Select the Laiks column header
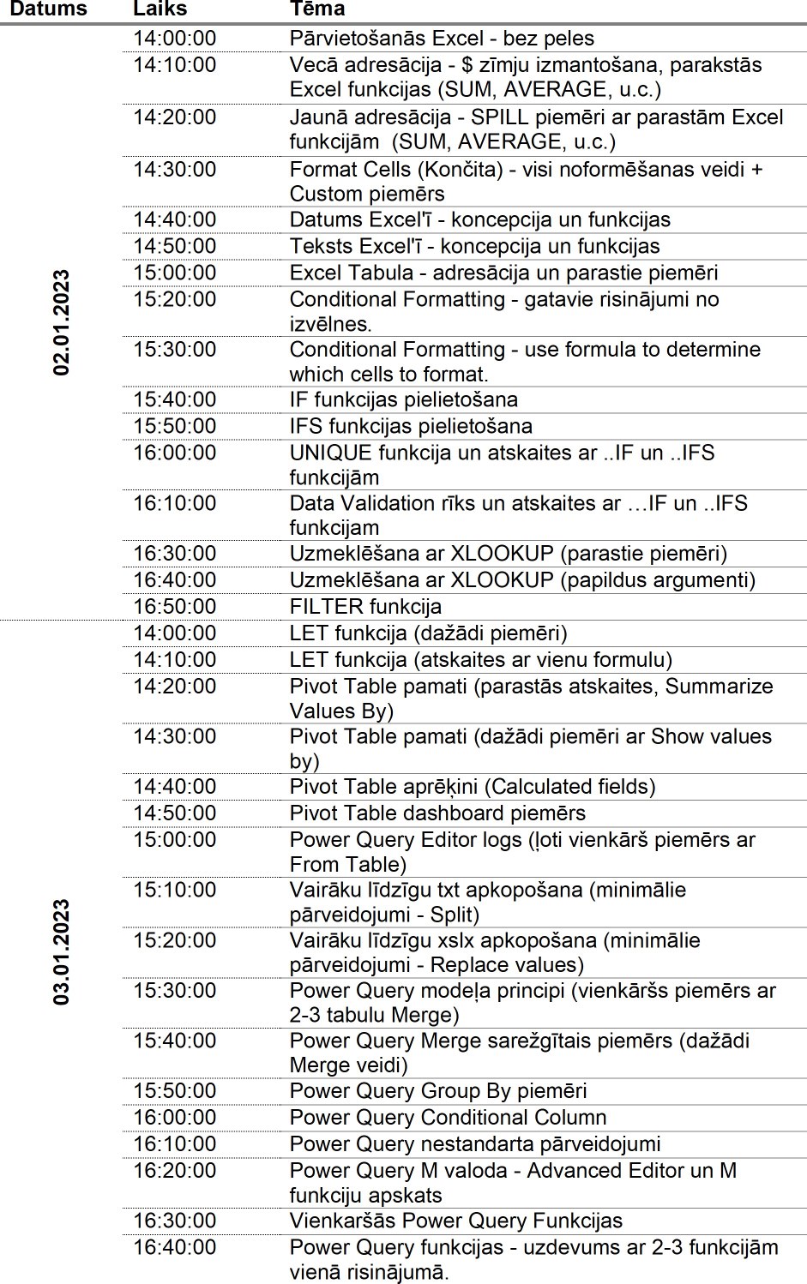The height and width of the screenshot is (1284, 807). pyautogui.click(x=160, y=9)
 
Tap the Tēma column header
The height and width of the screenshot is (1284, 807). pyautogui.click(x=317, y=9)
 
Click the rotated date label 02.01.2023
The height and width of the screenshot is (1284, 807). pyautogui.click(x=62, y=322)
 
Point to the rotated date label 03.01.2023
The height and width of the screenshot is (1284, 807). pyautogui.click(x=62, y=951)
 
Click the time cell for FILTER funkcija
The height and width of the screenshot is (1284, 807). pyautogui.click(x=174, y=607)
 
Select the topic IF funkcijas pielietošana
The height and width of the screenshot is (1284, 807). pyautogui.click(x=403, y=399)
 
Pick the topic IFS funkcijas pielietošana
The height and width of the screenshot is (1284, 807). pyautogui.click(x=411, y=426)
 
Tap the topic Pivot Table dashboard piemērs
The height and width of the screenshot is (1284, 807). pyautogui.click(x=437, y=813)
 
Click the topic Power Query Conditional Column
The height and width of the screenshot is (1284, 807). pyautogui.click(x=448, y=1118)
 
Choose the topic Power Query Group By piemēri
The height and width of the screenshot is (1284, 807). pyautogui.click(x=438, y=1091)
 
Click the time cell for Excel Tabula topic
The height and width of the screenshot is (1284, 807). pyautogui.click(x=174, y=273)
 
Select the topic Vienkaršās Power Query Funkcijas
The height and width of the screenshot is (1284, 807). pyautogui.click(x=455, y=1221)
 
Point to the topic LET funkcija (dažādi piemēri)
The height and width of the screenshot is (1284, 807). pyautogui.click(x=428, y=633)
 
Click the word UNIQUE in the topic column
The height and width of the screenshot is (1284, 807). pyautogui.click(x=330, y=453)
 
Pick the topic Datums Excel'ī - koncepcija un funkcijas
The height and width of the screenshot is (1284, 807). pyautogui.click(x=479, y=219)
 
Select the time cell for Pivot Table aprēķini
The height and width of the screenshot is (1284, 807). pyautogui.click(x=174, y=786)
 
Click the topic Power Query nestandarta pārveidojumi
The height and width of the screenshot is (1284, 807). pyautogui.click(x=475, y=1144)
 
